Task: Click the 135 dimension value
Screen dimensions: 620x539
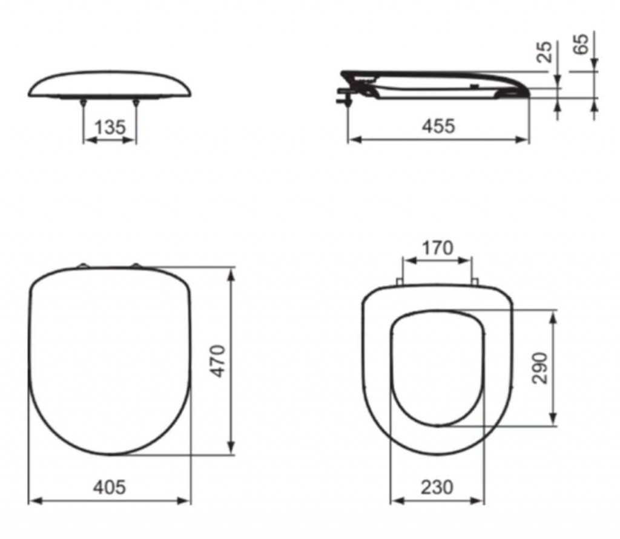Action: point(110,127)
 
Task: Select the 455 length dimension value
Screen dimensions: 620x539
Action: point(438,126)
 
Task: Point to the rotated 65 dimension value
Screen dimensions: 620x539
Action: point(581,44)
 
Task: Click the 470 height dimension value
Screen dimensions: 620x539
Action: point(218,361)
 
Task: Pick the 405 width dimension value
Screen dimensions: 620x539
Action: point(110,487)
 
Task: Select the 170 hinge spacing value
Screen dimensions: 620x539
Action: point(438,248)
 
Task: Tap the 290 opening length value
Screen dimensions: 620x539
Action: point(539,368)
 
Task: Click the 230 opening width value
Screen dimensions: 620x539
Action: point(437,487)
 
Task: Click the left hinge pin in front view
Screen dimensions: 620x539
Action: point(83,103)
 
